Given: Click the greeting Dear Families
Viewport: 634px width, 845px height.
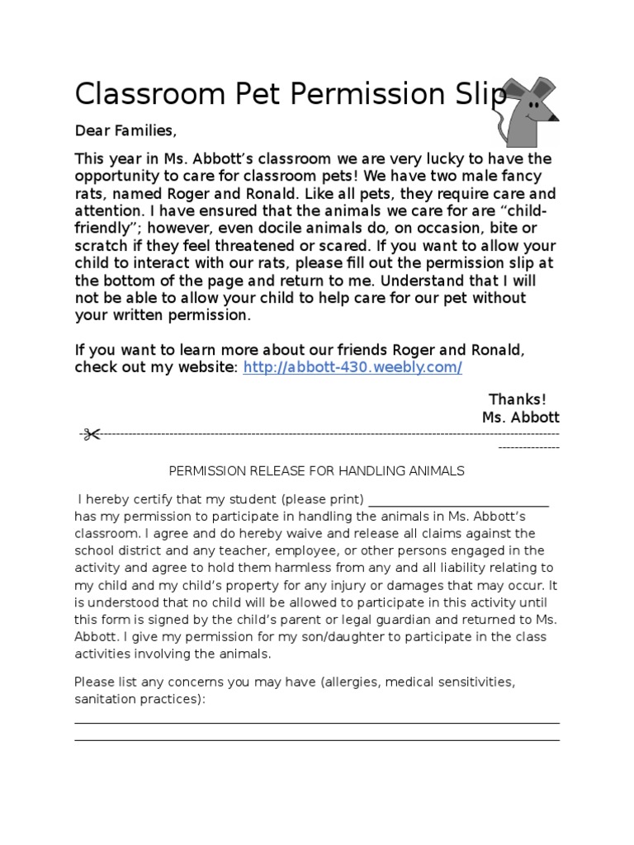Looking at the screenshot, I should click(125, 130).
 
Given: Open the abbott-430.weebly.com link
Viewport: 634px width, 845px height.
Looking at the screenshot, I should click(352, 367).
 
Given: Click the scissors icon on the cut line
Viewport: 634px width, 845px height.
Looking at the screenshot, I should click(89, 434).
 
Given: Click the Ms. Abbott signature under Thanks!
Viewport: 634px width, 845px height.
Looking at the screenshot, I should click(520, 418).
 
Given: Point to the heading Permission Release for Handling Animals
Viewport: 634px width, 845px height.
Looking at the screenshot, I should click(317, 470).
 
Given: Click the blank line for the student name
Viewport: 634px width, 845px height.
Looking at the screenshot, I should click(459, 500).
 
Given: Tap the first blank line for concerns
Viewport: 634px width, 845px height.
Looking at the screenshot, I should click(317, 723).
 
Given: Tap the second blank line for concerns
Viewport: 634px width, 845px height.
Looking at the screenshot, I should click(317, 740).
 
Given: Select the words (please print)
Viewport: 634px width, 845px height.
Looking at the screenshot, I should click(323, 499).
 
